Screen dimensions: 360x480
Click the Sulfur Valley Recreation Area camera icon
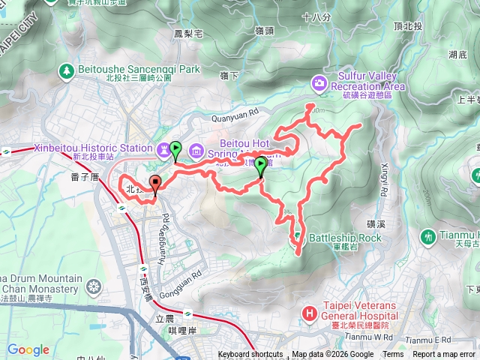click(x=320, y=82)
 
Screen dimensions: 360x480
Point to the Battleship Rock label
click(x=346, y=238)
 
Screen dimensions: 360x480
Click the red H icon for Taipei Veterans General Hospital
click(x=308, y=311)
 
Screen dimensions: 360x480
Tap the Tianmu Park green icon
click(x=427, y=235)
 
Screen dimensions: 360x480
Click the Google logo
click(x=28, y=349)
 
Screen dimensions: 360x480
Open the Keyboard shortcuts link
click(x=250, y=355)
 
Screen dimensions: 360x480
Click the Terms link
click(x=392, y=355)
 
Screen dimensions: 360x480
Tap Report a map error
click(x=444, y=355)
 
